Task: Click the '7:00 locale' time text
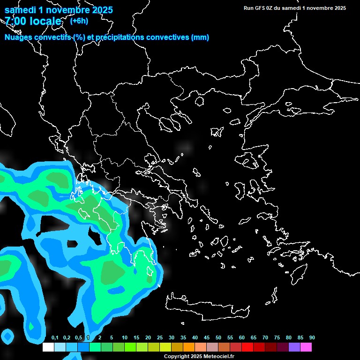(x=33, y=21)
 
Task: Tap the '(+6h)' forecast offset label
(x=79, y=21)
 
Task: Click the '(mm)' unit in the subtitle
(x=200, y=37)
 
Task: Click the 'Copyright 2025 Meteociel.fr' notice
(x=199, y=357)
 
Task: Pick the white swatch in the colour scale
(x=48, y=347)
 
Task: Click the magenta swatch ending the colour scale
(x=306, y=347)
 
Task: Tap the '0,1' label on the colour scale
(x=55, y=338)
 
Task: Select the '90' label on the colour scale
(x=312, y=338)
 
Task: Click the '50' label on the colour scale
(x=218, y=338)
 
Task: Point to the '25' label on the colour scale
(x=160, y=338)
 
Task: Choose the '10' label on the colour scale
(x=125, y=338)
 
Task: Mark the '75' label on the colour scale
(x=277, y=338)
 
